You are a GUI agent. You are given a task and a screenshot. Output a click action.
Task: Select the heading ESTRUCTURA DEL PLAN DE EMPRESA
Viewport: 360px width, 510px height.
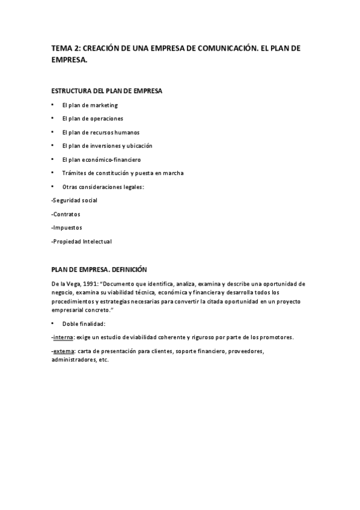(x=106, y=91)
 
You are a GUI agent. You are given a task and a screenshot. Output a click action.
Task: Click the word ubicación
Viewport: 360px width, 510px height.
(x=139, y=146)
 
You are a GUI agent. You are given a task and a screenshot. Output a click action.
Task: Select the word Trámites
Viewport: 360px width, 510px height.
(x=73, y=173)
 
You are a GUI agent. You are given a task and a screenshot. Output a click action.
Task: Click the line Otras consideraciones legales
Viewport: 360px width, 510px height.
(x=103, y=186)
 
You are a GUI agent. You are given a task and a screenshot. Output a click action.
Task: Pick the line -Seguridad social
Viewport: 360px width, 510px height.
(x=75, y=200)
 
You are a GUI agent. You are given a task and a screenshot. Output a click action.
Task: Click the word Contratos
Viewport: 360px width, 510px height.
(x=67, y=214)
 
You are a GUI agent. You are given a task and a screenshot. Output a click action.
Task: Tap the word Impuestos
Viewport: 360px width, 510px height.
(x=67, y=227)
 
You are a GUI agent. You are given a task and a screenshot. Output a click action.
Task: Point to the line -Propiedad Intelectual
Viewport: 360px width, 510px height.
(x=82, y=241)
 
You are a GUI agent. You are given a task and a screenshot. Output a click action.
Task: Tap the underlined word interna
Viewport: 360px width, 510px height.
(x=63, y=337)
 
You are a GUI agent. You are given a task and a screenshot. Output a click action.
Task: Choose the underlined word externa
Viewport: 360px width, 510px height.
(x=63, y=351)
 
